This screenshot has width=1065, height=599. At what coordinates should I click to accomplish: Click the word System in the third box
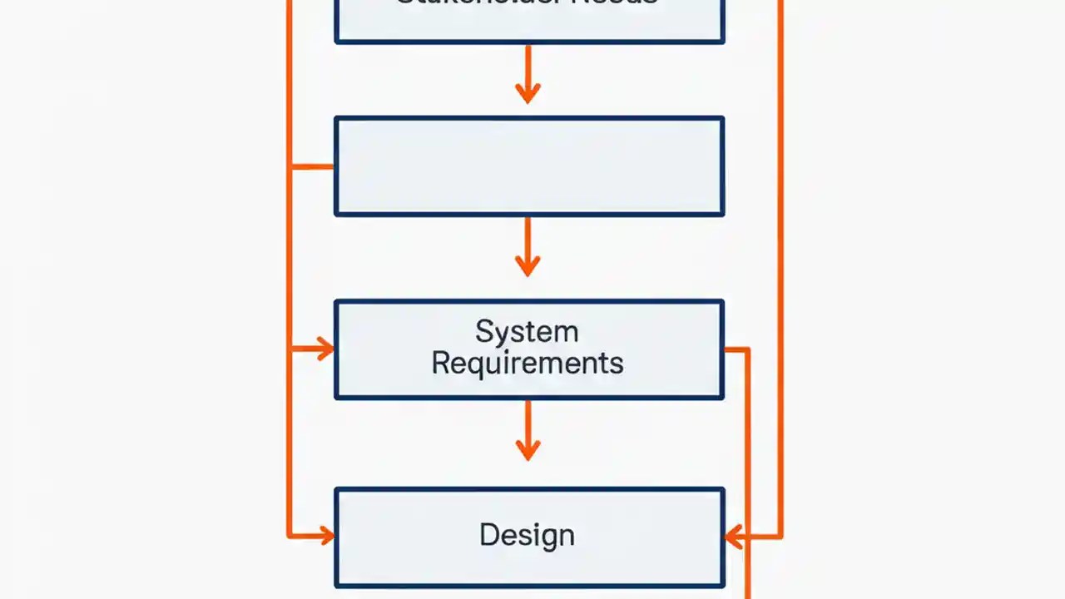(x=527, y=332)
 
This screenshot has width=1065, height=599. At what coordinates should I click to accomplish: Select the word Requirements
(x=527, y=364)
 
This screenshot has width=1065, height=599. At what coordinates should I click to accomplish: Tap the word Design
(x=527, y=535)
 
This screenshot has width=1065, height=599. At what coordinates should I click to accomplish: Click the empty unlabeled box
(x=529, y=166)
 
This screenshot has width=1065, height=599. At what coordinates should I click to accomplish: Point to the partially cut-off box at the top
(x=529, y=21)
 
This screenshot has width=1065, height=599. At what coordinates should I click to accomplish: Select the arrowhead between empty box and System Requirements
(x=528, y=265)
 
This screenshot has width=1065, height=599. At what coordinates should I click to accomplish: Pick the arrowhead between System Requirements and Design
(x=528, y=449)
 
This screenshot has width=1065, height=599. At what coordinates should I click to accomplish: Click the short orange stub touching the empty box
(x=313, y=166)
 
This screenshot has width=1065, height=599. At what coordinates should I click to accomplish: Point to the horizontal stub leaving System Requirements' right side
(x=736, y=349)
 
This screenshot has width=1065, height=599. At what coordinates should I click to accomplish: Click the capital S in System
(x=483, y=332)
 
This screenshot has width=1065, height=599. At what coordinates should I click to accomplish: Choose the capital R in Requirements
(x=441, y=364)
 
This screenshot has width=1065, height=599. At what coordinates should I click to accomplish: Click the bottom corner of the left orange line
(x=289, y=536)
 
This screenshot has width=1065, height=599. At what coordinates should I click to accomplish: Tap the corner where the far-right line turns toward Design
(x=780, y=537)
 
